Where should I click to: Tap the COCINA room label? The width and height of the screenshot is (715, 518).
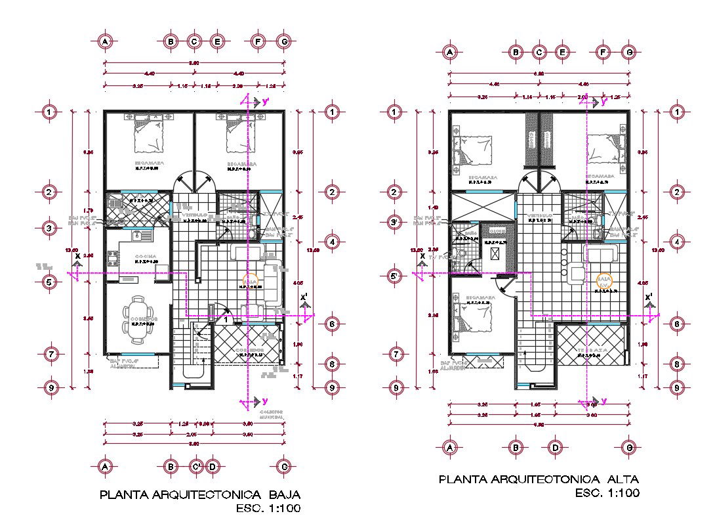145,255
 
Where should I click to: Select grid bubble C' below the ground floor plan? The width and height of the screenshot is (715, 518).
195,467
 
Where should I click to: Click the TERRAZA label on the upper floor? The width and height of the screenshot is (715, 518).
590,349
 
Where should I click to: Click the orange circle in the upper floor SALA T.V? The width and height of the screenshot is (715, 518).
603,281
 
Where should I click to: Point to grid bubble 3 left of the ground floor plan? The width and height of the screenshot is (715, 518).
51,228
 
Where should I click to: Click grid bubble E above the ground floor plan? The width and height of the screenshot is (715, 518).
216,41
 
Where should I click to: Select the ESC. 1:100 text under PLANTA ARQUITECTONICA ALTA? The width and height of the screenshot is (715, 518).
606,492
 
